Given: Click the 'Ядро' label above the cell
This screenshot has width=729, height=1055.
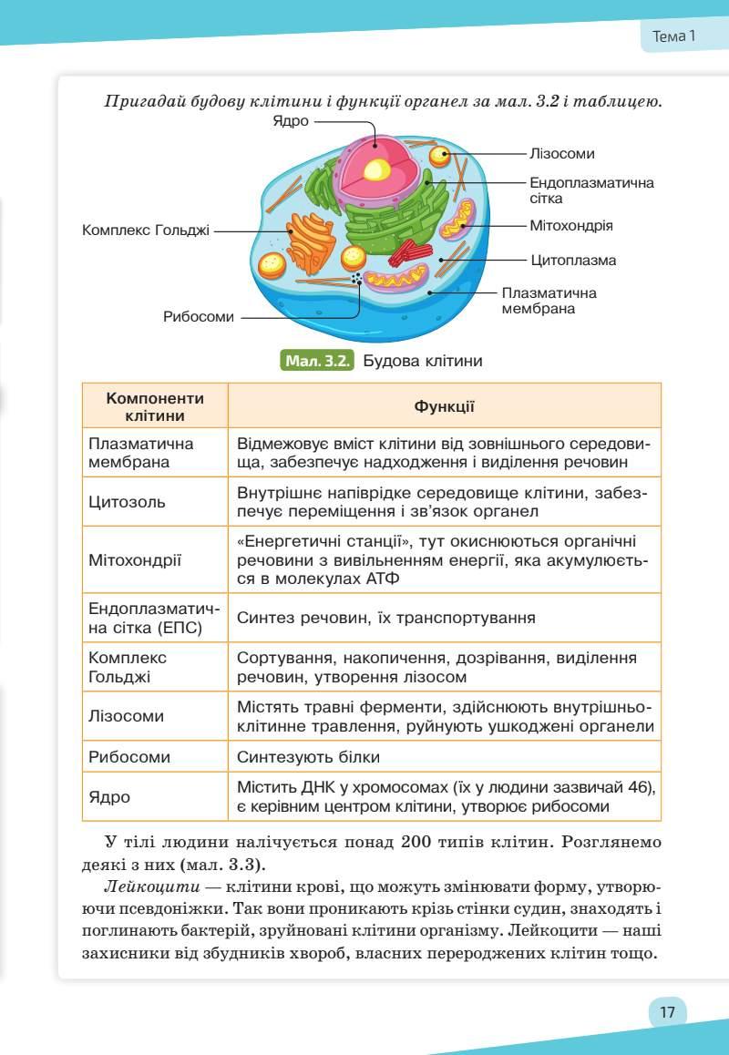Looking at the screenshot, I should pos(291,122).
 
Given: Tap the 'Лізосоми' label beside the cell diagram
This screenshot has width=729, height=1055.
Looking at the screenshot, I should pos(562,154).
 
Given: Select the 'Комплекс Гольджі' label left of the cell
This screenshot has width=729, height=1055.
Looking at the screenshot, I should pos(146,230).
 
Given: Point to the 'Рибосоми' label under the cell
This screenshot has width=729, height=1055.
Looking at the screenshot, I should pos(199,317).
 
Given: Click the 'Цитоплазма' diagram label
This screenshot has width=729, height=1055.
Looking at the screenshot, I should pos(573,261).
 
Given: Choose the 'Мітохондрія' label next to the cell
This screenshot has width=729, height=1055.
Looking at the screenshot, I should pos(571,225).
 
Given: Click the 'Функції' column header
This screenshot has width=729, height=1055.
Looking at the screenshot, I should pos(444,406).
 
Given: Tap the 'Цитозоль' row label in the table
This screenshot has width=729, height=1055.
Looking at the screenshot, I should pos(127,502).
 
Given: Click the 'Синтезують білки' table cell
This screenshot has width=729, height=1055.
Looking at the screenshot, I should pos(308,757).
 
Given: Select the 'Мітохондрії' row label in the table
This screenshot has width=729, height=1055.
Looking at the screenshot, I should pos(135,560).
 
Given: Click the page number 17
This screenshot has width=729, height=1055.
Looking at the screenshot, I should pos(667,1012).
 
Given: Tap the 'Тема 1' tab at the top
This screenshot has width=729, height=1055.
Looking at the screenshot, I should pos(674,37).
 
